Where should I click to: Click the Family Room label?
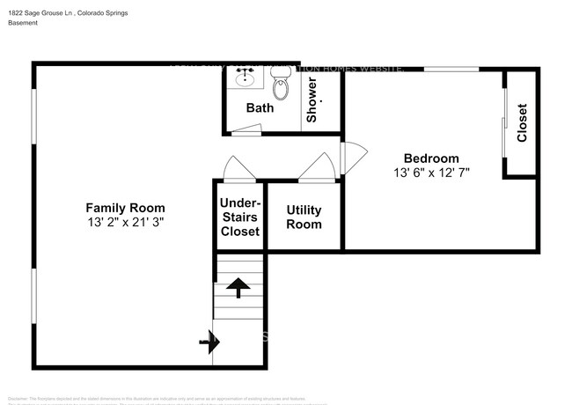click(x=124, y=208)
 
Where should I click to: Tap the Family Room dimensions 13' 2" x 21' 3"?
click(x=124, y=224)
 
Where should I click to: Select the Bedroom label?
click(x=431, y=158)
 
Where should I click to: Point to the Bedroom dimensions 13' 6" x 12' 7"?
click(x=431, y=173)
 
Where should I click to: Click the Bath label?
click(x=260, y=108)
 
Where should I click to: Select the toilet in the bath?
click(x=282, y=86)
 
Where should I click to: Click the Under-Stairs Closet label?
click(x=240, y=217)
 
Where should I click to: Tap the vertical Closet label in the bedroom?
click(x=522, y=123)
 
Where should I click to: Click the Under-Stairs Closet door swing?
click(x=239, y=169)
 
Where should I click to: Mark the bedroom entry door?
click(x=347, y=158)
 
